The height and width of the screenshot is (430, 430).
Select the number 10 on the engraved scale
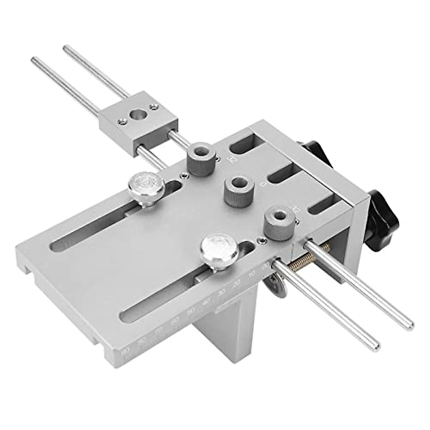pyautogui.click(x=252, y=274)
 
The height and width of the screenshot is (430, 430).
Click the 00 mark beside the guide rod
pyautogui.click(x=266, y=266)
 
